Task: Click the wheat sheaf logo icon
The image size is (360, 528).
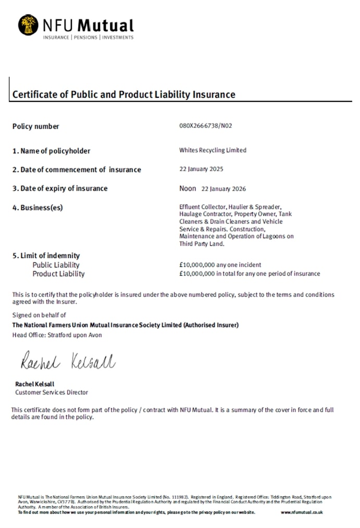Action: click(x=28, y=25)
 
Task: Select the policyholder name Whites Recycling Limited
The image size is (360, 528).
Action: click(x=213, y=150)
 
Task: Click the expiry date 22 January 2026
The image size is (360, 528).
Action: click(x=224, y=188)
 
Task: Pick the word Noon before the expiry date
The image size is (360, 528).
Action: click(x=188, y=188)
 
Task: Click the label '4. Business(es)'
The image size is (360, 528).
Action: click(x=38, y=208)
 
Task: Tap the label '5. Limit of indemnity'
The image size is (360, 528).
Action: click(x=46, y=256)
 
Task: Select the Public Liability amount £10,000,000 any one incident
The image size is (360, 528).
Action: click(x=220, y=265)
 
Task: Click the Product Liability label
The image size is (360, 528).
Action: click(x=58, y=274)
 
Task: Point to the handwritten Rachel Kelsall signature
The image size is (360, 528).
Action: click(x=68, y=361)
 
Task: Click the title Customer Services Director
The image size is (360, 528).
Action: click(x=52, y=392)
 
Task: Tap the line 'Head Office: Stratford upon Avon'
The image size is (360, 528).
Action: click(x=57, y=335)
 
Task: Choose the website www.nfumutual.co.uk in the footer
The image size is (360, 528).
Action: click(x=302, y=512)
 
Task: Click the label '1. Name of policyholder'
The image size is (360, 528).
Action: click(x=51, y=151)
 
